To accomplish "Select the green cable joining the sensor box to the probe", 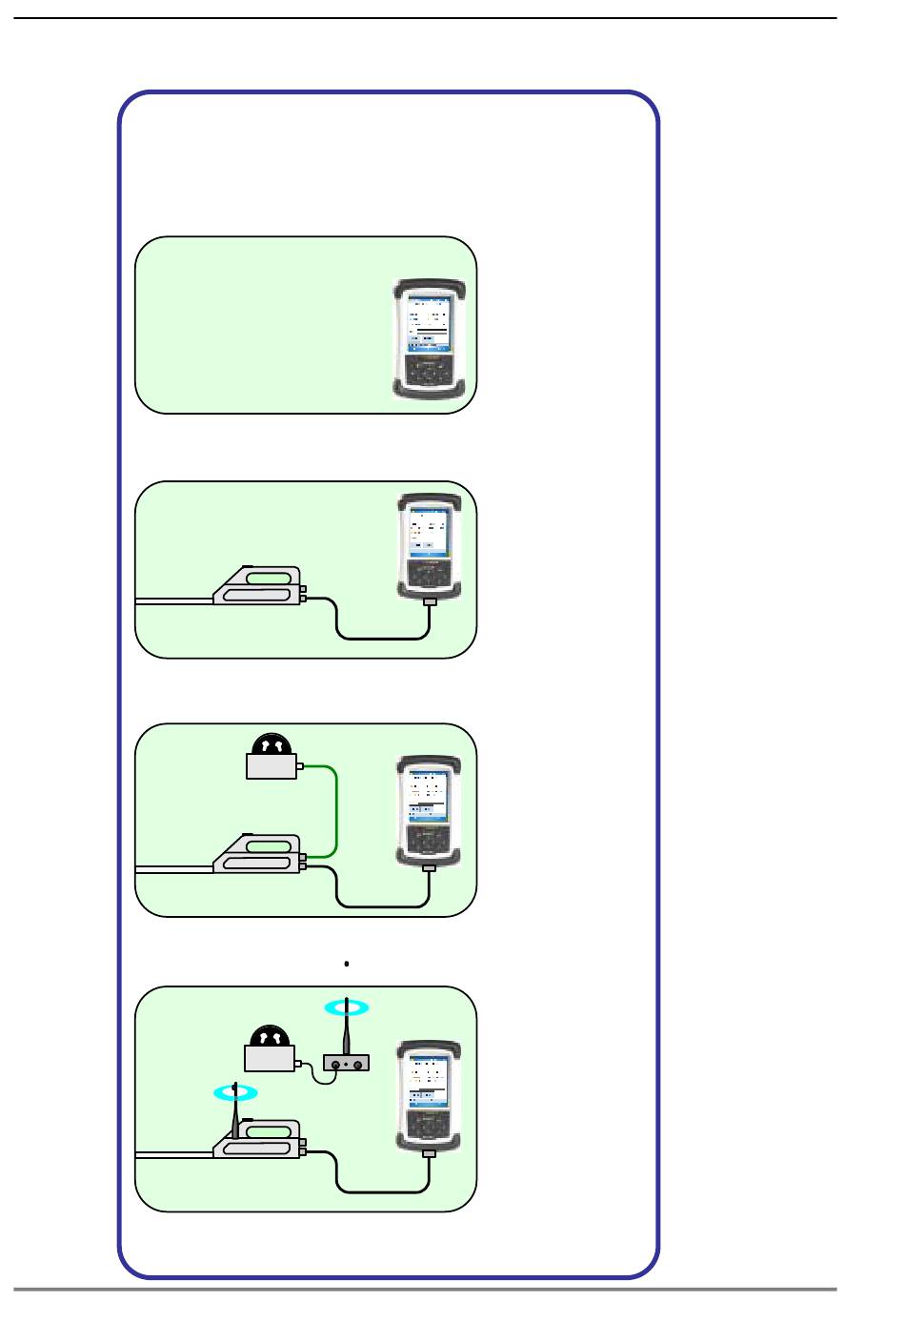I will pyautogui.click(x=337, y=810).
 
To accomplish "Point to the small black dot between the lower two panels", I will pyautogui.click(x=347, y=964).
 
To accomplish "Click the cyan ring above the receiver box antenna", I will pyautogui.click(x=345, y=1006).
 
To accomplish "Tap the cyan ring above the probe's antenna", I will pyautogui.click(x=233, y=1092).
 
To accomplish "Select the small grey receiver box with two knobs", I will pyautogui.click(x=346, y=1063).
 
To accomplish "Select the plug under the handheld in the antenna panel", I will pyautogui.click(x=429, y=1153).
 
